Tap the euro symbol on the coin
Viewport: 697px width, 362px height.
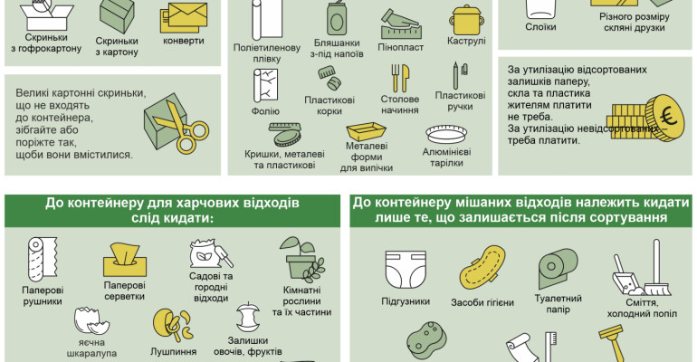click(668, 117)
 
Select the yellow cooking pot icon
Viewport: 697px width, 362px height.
click(466, 21)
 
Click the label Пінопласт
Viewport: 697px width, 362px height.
click(400, 47)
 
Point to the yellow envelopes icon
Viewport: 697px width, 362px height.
click(184, 18)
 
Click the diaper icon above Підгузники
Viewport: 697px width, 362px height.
click(406, 269)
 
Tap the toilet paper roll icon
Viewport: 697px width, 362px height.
click(558, 268)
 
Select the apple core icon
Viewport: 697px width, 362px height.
click(248, 317)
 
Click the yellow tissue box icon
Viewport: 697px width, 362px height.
click(125, 260)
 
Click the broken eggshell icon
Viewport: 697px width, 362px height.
click(91, 320)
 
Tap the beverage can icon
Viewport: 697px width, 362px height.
click(336, 19)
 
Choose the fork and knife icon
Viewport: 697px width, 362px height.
click(400, 78)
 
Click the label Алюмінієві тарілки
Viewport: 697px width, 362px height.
click(447, 157)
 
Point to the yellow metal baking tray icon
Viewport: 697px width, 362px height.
click(367, 131)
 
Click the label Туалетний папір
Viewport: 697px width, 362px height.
click(558, 304)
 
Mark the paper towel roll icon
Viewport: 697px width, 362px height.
click(43, 260)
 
